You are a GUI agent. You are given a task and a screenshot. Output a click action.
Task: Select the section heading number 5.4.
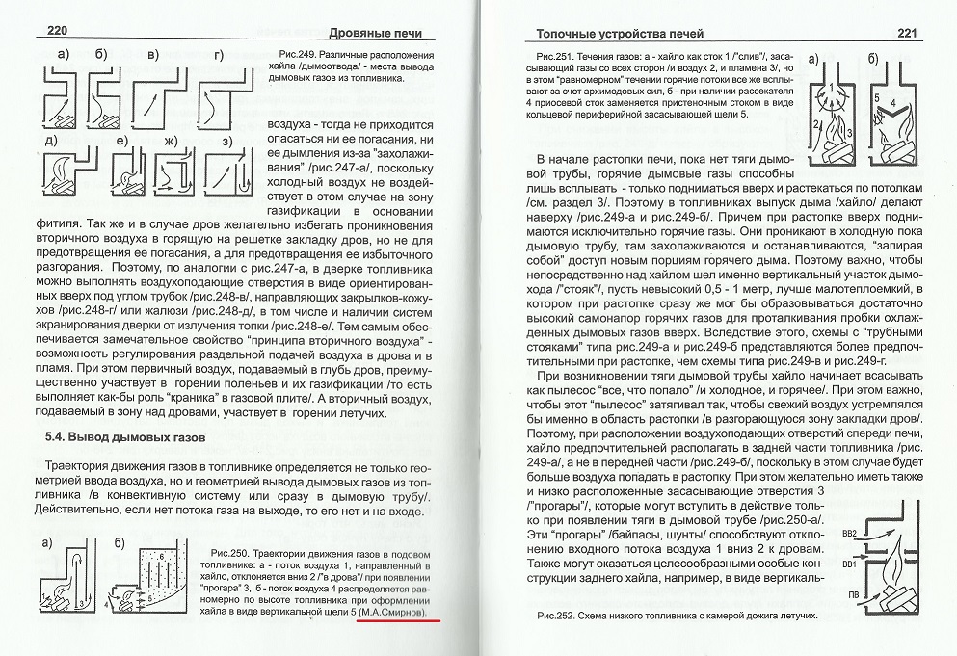pyautogui.click(x=62, y=439)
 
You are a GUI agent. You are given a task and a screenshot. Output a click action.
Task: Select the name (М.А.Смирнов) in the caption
pyautogui.click(x=398, y=612)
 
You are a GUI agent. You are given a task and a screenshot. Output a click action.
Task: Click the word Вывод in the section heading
pyautogui.click(x=102, y=439)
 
